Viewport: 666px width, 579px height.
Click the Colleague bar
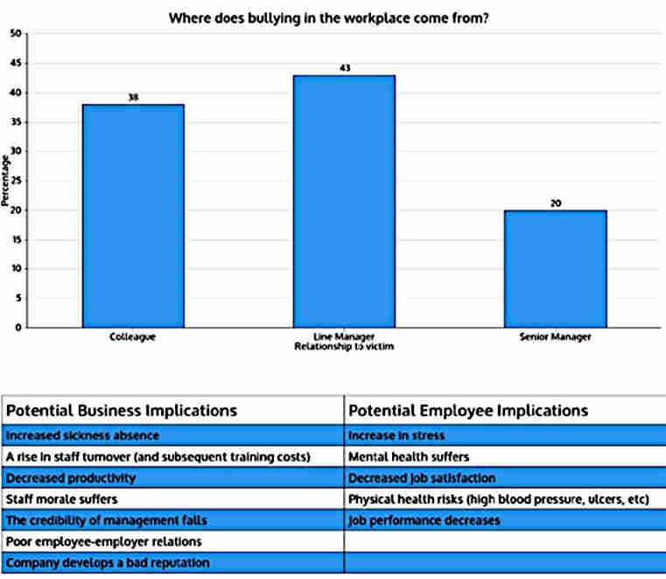pos(133,215)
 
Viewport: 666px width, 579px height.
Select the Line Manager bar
pos(344,201)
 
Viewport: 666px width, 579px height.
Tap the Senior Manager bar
pos(555,269)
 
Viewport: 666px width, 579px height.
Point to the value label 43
pos(344,67)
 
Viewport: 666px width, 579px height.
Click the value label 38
pos(133,97)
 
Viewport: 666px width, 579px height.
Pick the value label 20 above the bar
pos(555,203)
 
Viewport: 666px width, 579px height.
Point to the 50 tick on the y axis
pos(15,34)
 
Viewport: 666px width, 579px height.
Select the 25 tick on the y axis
pos(15,181)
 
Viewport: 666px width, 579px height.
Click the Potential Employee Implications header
pos(467,411)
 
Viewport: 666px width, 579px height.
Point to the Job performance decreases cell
pos(424,520)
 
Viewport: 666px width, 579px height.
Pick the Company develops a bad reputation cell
pos(108,562)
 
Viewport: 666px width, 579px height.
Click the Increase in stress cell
pos(396,435)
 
